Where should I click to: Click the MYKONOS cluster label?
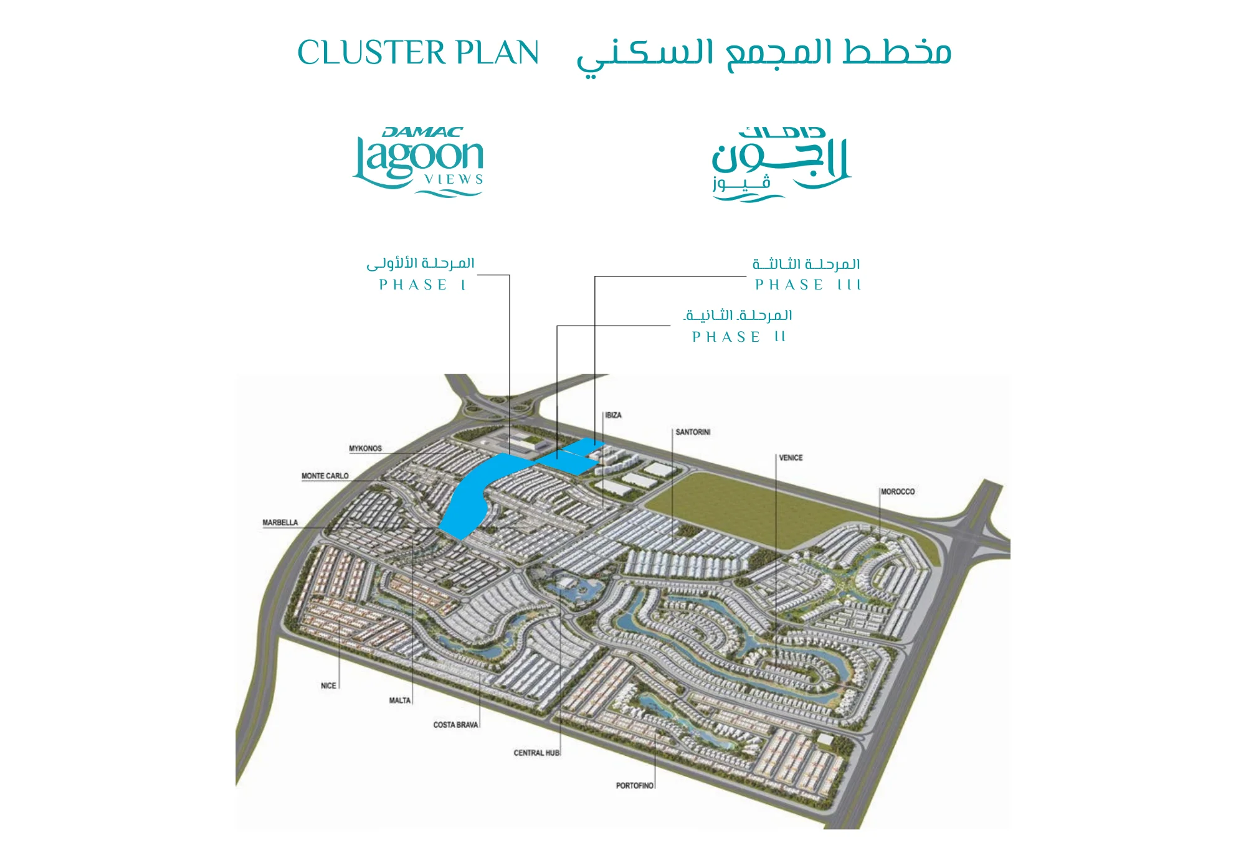(365, 448)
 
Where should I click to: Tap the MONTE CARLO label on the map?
(325, 476)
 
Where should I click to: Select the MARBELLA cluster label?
(280, 522)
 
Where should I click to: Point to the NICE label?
(328, 685)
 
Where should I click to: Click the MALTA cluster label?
(400, 700)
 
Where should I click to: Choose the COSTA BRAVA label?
(455, 725)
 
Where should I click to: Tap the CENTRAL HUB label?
(536, 753)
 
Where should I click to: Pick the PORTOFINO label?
(634, 786)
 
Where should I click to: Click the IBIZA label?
(614, 415)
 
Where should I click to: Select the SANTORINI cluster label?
(693, 432)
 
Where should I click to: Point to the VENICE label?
(791, 458)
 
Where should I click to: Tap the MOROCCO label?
(898, 492)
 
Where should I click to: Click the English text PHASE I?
(422, 285)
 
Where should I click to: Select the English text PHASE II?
(739, 337)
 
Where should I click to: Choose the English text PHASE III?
(807, 285)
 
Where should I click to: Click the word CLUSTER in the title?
(371, 52)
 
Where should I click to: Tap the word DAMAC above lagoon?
(422, 132)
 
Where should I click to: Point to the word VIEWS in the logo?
(454, 179)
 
